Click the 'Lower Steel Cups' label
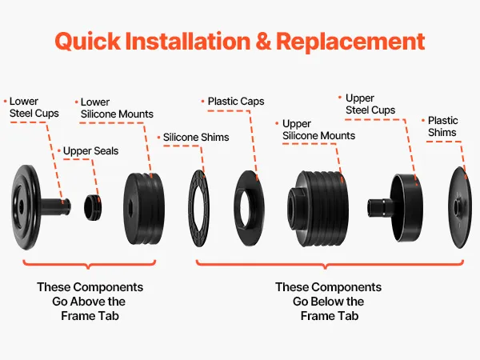(x=34, y=107)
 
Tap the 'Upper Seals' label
(x=90, y=151)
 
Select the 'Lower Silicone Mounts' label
(x=117, y=108)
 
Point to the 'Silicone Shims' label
(x=196, y=137)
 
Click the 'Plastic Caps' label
(x=236, y=102)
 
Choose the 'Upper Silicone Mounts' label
(x=318, y=130)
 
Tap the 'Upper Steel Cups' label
(x=370, y=104)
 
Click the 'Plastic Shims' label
(x=442, y=126)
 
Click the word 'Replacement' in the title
(x=350, y=41)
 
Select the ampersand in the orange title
(x=263, y=41)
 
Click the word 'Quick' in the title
(x=88, y=42)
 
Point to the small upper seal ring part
(x=93, y=207)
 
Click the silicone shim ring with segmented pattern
(x=199, y=208)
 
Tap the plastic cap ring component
(x=249, y=208)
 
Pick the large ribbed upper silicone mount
(x=318, y=209)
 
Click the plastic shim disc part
(x=460, y=207)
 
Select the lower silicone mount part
(x=144, y=209)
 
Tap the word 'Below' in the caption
(x=328, y=302)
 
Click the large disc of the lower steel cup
(x=26, y=207)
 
